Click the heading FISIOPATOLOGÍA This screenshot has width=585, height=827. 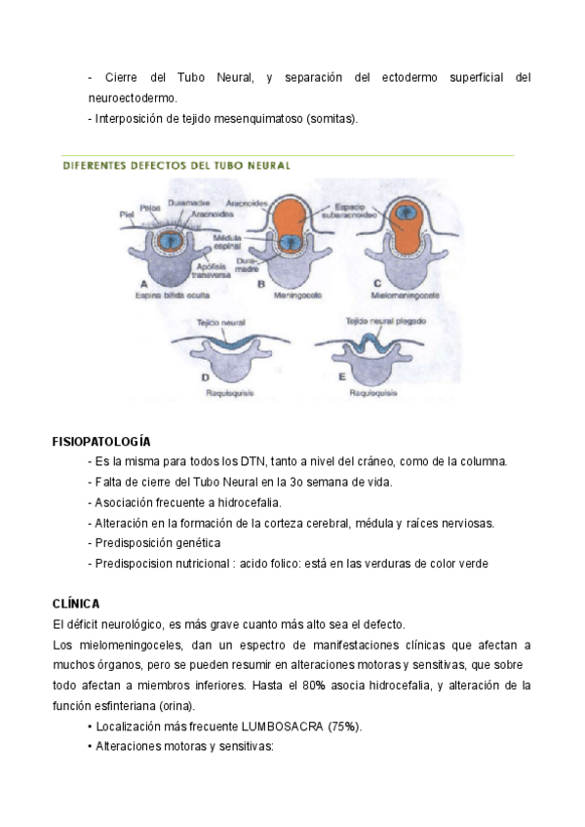(x=101, y=441)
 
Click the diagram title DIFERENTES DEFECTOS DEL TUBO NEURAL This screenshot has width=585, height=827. (x=175, y=166)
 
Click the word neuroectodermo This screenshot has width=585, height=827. (x=134, y=98)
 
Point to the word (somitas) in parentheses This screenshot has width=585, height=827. (x=331, y=119)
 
